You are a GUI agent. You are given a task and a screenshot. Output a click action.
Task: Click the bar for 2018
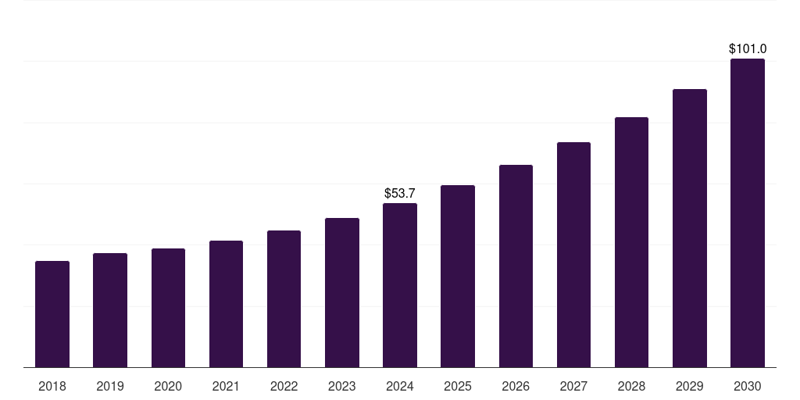(x=52, y=314)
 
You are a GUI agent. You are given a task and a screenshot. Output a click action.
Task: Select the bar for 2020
(x=168, y=308)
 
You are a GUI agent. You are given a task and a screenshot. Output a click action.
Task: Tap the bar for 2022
(x=284, y=298)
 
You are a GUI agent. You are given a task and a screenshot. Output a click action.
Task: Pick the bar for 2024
(x=400, y=285)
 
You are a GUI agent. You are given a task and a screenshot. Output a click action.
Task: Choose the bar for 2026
(x=516, y=266)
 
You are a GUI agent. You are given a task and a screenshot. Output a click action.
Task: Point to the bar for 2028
(x=631, y=242)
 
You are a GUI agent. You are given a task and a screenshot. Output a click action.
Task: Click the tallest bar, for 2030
(x=748, y=212)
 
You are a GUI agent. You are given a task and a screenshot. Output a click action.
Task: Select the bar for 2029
(x=690, y=228)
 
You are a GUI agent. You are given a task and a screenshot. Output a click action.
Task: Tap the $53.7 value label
(x=400, y=192)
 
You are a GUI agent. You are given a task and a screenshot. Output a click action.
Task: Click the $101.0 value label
(x=748, y=48)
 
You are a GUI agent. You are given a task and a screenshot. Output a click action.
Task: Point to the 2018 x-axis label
(x=52, y=386)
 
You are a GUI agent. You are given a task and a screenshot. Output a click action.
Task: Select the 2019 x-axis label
(x=110, y=386)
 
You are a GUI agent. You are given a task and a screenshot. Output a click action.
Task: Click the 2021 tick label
(x=226, y=386)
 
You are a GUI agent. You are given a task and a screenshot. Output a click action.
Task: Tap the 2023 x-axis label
(x=342, y=386)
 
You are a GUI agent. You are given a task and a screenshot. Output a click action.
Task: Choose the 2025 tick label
(x=458, y=386)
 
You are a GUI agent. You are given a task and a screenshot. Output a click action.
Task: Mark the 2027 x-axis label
(x=573, y=386)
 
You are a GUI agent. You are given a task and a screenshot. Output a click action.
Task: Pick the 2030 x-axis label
(x=748, y=386)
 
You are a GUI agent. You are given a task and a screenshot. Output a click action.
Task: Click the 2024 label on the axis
(x=400, y=386)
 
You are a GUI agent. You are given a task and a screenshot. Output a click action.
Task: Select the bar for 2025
(x=458, y=276)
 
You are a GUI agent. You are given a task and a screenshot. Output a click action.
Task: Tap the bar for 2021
(x=226, y=304)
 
